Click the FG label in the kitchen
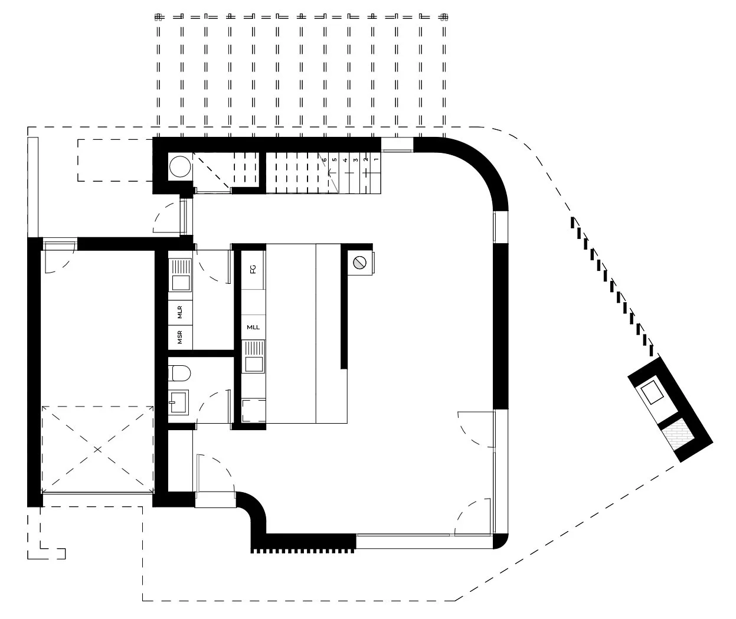tap(253, 269)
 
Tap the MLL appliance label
tap(253, 327)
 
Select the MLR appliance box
tap(180, 312)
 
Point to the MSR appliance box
tap(180, 337)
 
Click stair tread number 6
tap(325, 159)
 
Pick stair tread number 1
tap(376, 159)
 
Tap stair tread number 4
tap(345, 159)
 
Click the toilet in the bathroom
tap(179, 373)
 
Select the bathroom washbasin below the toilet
tap(179, 404)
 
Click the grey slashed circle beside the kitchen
tap(359, 263)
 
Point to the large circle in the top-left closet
tap(179, 168)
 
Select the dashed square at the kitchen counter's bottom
tap(254, 410)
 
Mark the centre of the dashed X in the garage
tap(98, 448)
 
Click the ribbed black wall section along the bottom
tap(304, 543)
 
